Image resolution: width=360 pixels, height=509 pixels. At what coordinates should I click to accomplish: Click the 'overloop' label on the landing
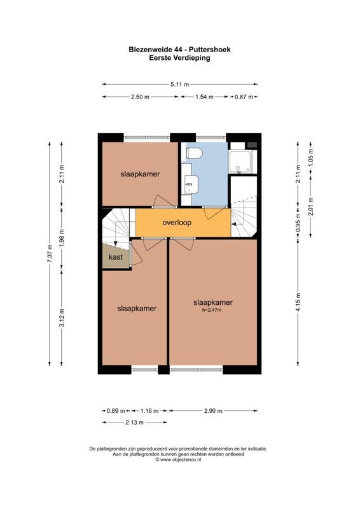click(x=177, y=223)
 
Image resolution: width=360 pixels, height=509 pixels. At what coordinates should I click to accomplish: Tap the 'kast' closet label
click(x=115, y=257)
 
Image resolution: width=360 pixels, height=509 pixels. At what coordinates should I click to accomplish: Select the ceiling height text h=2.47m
click(x=212, y=310)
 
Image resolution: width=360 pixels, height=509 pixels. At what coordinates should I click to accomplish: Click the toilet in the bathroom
click(x=193, y=153)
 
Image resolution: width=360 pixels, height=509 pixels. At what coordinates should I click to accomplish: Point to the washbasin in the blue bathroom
click(x=189, y=185)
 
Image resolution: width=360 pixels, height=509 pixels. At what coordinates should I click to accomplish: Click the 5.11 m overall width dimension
click(x=179, y=83)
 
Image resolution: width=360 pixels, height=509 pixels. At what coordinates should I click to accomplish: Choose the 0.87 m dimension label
click(x=244, y=97)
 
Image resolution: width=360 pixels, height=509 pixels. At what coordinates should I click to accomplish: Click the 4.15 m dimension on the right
click(x=297, y=298)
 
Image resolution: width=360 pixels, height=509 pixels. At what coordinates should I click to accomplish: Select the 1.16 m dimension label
click(x=150, y=410)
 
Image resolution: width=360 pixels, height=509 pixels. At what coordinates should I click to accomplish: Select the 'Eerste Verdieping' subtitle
click(x=179, y=57)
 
